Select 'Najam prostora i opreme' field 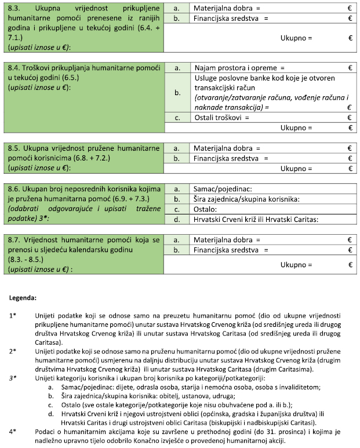(272, 68)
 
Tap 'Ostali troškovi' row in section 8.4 (272, 118)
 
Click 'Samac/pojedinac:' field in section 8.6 (272, 189)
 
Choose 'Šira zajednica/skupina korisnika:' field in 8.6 (272, 199)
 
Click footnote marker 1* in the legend (13, 316)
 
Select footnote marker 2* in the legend (13, 352)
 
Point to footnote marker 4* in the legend (13, 432)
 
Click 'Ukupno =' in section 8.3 (296, 38)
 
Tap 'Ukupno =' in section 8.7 (296, 264)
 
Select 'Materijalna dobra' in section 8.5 (224, 148)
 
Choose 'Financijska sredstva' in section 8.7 (228, 250)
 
